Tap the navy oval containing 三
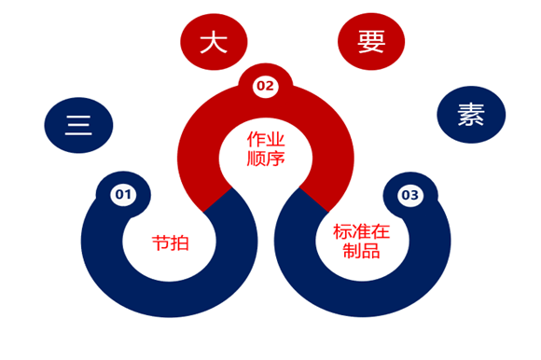(78, 125)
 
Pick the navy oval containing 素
(471, 115)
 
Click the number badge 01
(122, 194)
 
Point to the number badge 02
(266, 86)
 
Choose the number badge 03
(409, 194)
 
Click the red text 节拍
(171, 243)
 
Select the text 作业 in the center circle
(266, 139)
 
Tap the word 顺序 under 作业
(266, 159)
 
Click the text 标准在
(361, 231)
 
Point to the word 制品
(361, 251)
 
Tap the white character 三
(78, 125)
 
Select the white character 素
(471, 115)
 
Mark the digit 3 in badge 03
(414, 194)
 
